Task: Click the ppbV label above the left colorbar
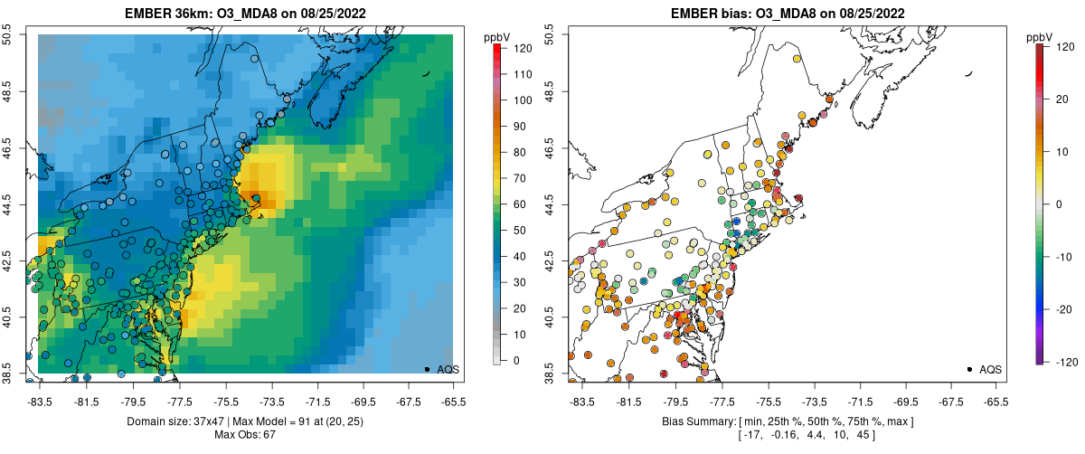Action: pyautogui.click(x=497, y=36)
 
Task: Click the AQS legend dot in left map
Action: pyautogui.click(x=427, y=369)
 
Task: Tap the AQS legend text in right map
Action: pyautogui.click(x=991, y=369)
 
